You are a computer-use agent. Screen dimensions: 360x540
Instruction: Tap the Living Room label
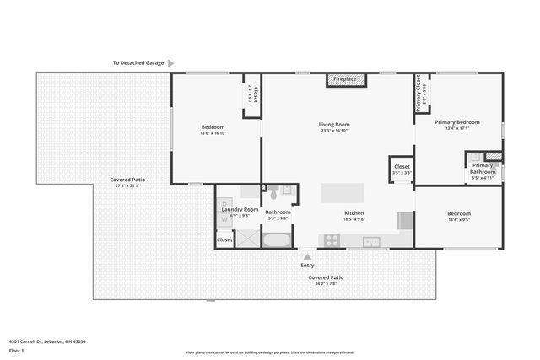(334, 124)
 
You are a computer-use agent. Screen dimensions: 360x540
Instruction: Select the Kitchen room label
(354, 213)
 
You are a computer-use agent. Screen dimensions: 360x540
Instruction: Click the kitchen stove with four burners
(332, 240)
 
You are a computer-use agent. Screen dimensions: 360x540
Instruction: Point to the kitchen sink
(372, 242)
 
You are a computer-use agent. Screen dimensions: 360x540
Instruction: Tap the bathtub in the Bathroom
(277, 239)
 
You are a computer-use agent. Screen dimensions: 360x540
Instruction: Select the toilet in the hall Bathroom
(273, 191)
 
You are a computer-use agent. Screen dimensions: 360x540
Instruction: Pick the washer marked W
(224, 218)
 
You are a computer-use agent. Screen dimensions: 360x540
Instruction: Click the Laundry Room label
(240, 209)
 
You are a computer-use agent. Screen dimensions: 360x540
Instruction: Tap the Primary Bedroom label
(456, 122)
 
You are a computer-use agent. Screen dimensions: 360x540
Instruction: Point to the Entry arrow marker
(307, 256)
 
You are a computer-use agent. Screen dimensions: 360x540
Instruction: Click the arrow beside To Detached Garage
(171, 62)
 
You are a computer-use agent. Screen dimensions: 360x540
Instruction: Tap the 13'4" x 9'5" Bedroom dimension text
(458, 219)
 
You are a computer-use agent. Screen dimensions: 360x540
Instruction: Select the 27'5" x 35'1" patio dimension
(127, 185)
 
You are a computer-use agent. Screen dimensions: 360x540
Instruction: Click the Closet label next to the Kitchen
(402, 167)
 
